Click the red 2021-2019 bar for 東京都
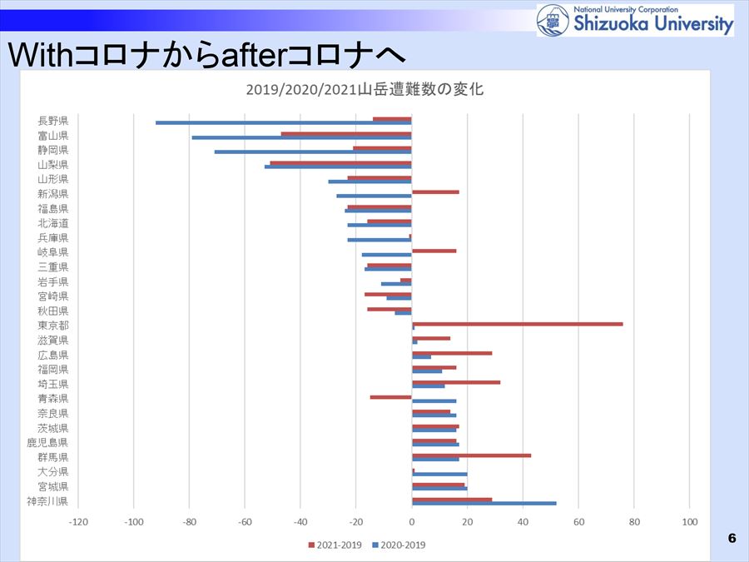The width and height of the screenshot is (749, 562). [x=517, y=323]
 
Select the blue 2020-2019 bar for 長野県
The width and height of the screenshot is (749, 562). [x=283, y=123]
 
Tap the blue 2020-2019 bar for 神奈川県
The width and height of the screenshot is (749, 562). [x=484, y=503]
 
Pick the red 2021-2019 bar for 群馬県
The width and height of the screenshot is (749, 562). [x=471, y=455]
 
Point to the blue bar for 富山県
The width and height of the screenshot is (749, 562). [x=301, y=137]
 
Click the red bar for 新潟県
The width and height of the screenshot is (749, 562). [x=435, y=191]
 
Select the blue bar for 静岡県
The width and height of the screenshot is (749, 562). [x=313, y=152]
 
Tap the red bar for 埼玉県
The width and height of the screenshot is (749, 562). [x=456, y=381]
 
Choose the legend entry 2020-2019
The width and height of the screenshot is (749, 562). [x=399, y=545]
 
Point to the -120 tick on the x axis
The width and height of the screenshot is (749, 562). [x=78, y=522]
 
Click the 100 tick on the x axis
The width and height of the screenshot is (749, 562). [x=689, y=522]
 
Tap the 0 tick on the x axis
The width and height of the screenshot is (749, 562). [x=412, y=522]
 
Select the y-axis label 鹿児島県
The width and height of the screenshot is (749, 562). [x=47, y=443]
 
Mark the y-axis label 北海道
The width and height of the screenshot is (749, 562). [x=53, y=223]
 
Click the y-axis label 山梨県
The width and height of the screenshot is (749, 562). [x=53, y=165]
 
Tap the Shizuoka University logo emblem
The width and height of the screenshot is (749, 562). [x=553, y=20]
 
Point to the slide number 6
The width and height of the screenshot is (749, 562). [x=732, y=538]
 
